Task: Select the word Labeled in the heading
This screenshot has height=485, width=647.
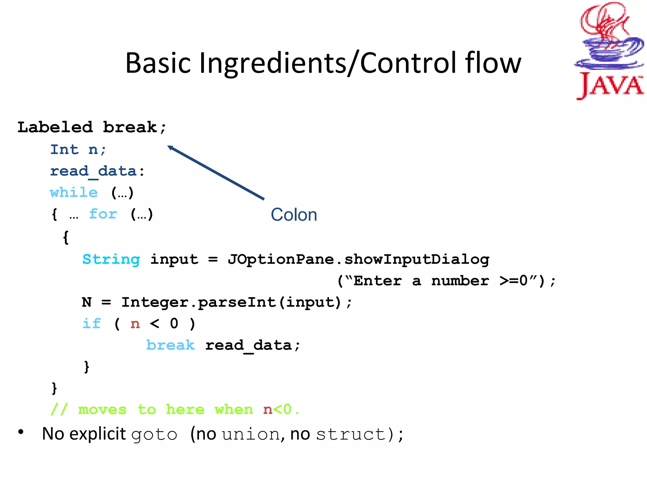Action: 55,127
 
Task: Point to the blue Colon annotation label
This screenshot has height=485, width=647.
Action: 294,215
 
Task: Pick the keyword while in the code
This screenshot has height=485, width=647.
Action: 74,192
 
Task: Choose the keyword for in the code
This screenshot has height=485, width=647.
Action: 103,214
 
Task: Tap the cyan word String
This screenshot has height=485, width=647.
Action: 111,260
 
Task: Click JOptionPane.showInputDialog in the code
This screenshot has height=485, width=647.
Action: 359,260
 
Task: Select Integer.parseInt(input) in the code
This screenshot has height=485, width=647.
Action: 231,302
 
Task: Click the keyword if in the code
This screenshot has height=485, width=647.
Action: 92,324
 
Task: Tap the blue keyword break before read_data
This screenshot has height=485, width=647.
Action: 170,345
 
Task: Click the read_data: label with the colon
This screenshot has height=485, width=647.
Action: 97,171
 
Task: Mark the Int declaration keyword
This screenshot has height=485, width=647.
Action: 64,150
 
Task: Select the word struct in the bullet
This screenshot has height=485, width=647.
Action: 350,434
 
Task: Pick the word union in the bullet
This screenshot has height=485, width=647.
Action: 251,434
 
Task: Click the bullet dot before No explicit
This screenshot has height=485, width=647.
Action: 21,432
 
